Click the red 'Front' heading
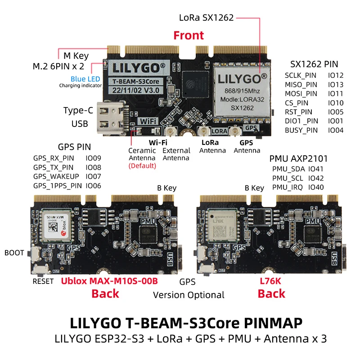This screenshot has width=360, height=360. coord(189,36)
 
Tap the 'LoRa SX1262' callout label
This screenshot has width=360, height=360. coord(206,18)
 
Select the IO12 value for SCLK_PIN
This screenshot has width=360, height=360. coord(336,76)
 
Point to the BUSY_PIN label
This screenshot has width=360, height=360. coord(301,130)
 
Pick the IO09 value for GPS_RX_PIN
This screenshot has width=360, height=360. coord(93,158)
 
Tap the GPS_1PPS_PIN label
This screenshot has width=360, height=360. coord(58,185)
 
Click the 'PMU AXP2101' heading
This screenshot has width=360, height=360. coord(298,158)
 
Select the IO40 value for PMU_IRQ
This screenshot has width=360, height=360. coord(316,187)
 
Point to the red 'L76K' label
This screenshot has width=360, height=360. coord(271,282)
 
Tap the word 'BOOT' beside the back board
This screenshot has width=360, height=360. coord(14,253)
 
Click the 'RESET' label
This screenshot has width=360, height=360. coord(43,282)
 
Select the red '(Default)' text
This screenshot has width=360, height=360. coord(142,166)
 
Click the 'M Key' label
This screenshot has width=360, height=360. coord(76,56)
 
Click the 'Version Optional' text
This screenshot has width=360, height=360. coord(189,295)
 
